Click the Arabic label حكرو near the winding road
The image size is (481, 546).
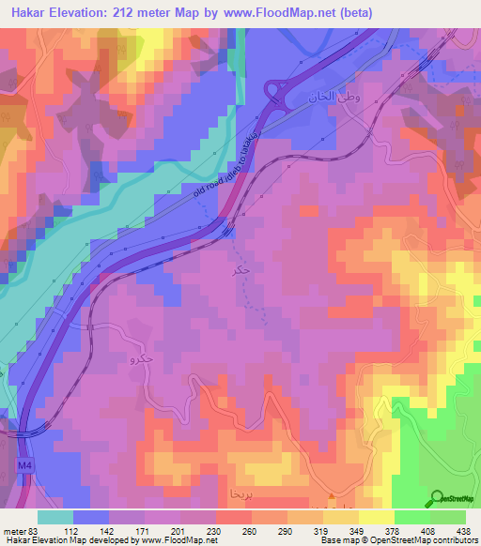142,357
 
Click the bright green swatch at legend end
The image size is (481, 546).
449,516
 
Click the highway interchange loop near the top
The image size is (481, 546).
277,92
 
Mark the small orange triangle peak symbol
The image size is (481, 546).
331,496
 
